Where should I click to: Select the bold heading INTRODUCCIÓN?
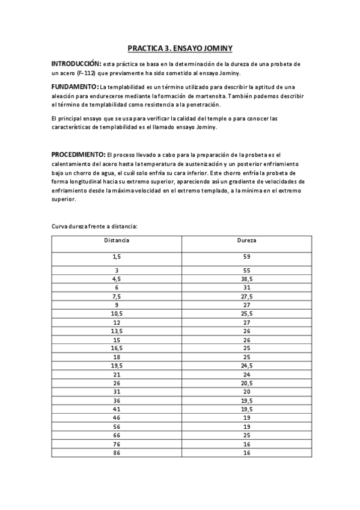[x=75, y=64]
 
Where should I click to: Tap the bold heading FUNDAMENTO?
[x=74, y=87]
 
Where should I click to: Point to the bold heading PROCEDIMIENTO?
[x=78, y=155]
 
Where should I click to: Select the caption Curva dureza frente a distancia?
[x=94, y=227]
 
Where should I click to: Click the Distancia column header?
[x=117, y=241]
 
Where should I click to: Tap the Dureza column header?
[x=246, y=241]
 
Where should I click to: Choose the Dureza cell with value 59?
[x=246, y=257]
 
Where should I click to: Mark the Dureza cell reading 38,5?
[x=246, y=279]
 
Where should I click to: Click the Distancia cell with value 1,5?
[x=117, y=257]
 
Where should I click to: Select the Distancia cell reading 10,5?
[x=117, y=313]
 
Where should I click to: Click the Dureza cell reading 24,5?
[x=246, y=365]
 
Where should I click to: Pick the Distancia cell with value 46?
[x=117, y=417]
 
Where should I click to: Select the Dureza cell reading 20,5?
[x=246, y=382]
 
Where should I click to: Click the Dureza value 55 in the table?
[x=246, y=271]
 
